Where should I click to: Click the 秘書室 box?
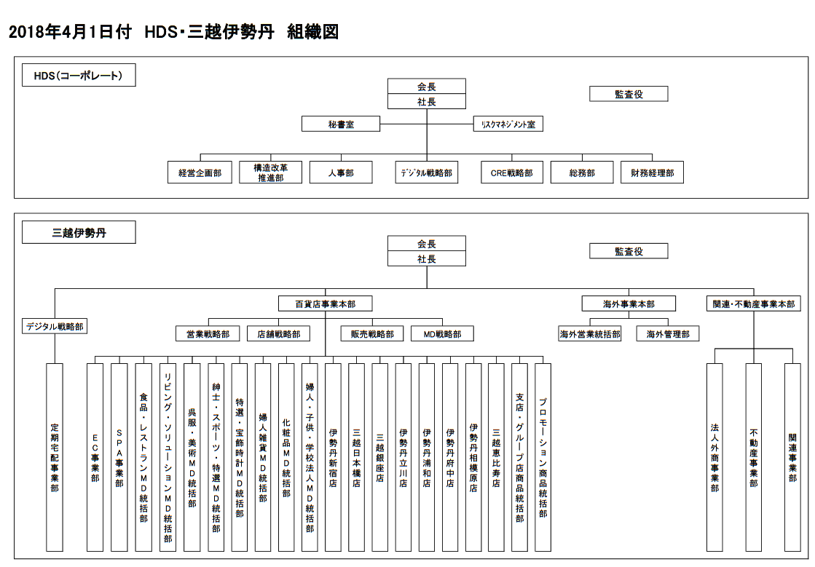341,124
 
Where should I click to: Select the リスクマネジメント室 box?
508,124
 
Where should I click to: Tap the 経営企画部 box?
200,173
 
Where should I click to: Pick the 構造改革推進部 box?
270,173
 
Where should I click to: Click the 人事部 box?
341,173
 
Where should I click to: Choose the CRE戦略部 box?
511,173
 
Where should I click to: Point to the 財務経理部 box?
652,173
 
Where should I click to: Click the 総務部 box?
582,173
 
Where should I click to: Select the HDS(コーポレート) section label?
79,76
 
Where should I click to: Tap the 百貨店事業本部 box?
325,304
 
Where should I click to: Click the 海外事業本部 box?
629,304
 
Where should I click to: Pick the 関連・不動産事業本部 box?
754,304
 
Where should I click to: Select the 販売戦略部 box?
372,334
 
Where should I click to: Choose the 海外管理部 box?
668,334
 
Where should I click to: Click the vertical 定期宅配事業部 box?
55,457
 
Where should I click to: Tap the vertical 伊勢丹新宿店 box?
333,457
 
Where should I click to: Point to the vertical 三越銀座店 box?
379,457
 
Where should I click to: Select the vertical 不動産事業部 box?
753,457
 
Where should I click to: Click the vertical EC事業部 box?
95,457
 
